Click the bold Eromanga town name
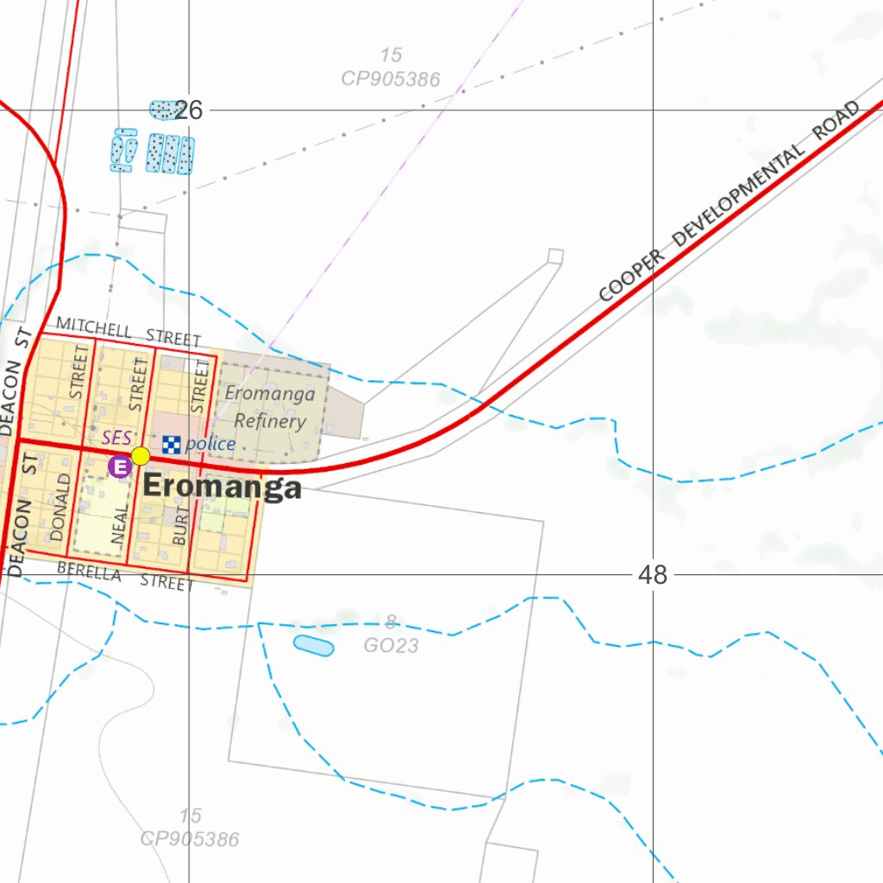(222, 487)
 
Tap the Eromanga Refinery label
(270, 408)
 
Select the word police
(210, 444)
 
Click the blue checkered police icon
(172, 445)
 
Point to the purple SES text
(116, 439)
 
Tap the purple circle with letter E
(120, 467)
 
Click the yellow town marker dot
(141, 456)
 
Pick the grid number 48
(653, 574)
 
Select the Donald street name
(59, 507)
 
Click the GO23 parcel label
(391, 644)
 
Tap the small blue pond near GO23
(313, 645)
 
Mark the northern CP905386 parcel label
(391, 79)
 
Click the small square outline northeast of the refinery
(555, 255)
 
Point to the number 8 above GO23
(391, 622)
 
